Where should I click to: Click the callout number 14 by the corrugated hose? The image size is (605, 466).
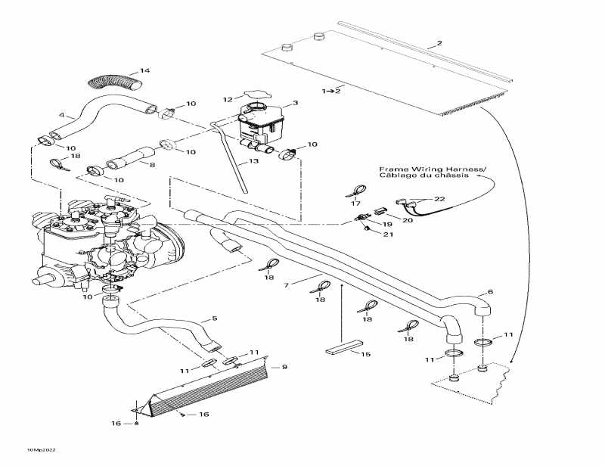coord(144,71)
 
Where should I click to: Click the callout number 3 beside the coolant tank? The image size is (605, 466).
coord(295,103)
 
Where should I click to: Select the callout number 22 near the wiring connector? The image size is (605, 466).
coord(439,198)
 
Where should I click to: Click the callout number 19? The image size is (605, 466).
coord(386,225)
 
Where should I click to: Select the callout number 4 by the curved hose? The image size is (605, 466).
coord(62,116)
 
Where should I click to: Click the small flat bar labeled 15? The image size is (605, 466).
coord(345,352)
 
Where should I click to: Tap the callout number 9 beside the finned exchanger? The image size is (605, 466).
coord(284,367)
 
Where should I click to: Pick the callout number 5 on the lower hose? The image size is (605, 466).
coord(214,318)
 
